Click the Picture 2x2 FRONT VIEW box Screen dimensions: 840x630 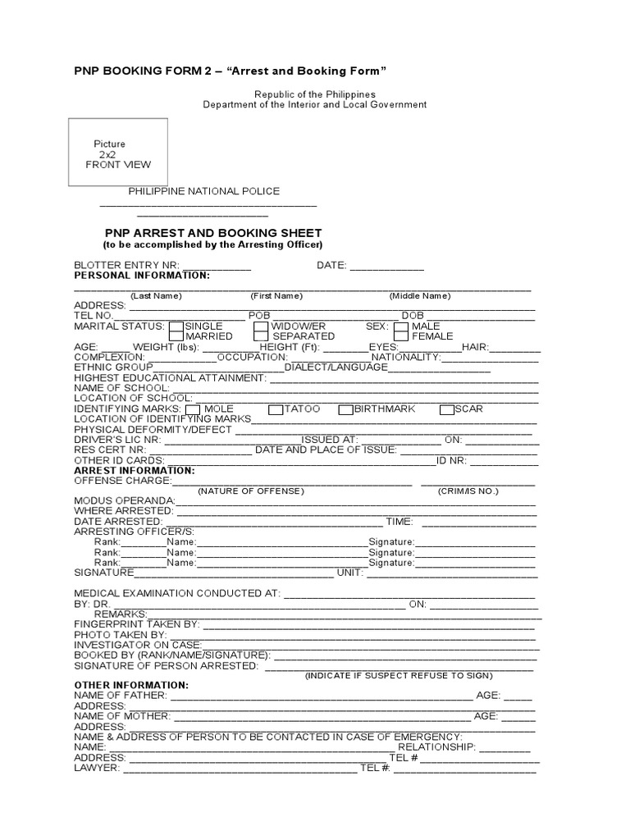[x=118, y=153]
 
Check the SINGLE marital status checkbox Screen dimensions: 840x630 [x=176, y=326]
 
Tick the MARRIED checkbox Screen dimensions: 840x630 [x=176, y=336]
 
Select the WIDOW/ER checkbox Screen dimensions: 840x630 [x=261, y=326]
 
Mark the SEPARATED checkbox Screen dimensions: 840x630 [x=261, y=336]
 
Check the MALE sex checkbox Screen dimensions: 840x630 [x=400, y=326]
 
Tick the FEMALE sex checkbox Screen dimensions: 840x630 [x=400, y=336]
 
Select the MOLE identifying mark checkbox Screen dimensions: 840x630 [x=193, y=409]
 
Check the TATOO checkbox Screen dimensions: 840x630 [x=276, y=409]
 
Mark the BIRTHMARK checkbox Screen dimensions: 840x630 [x=346, y=409]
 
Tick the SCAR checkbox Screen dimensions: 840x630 [x=447, y=409]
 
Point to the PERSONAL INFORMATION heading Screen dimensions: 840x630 [x=142, y=276]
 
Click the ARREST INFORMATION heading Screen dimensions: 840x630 [x=135, y=471]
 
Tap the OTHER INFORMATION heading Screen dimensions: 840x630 [x=131, y=684]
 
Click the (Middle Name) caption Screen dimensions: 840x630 [x=419, y=296]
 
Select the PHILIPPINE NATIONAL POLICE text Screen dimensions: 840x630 [x=203, y=191]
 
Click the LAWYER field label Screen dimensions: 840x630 [x=97, y=769]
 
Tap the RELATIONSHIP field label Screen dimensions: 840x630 [x=436, y=747]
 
